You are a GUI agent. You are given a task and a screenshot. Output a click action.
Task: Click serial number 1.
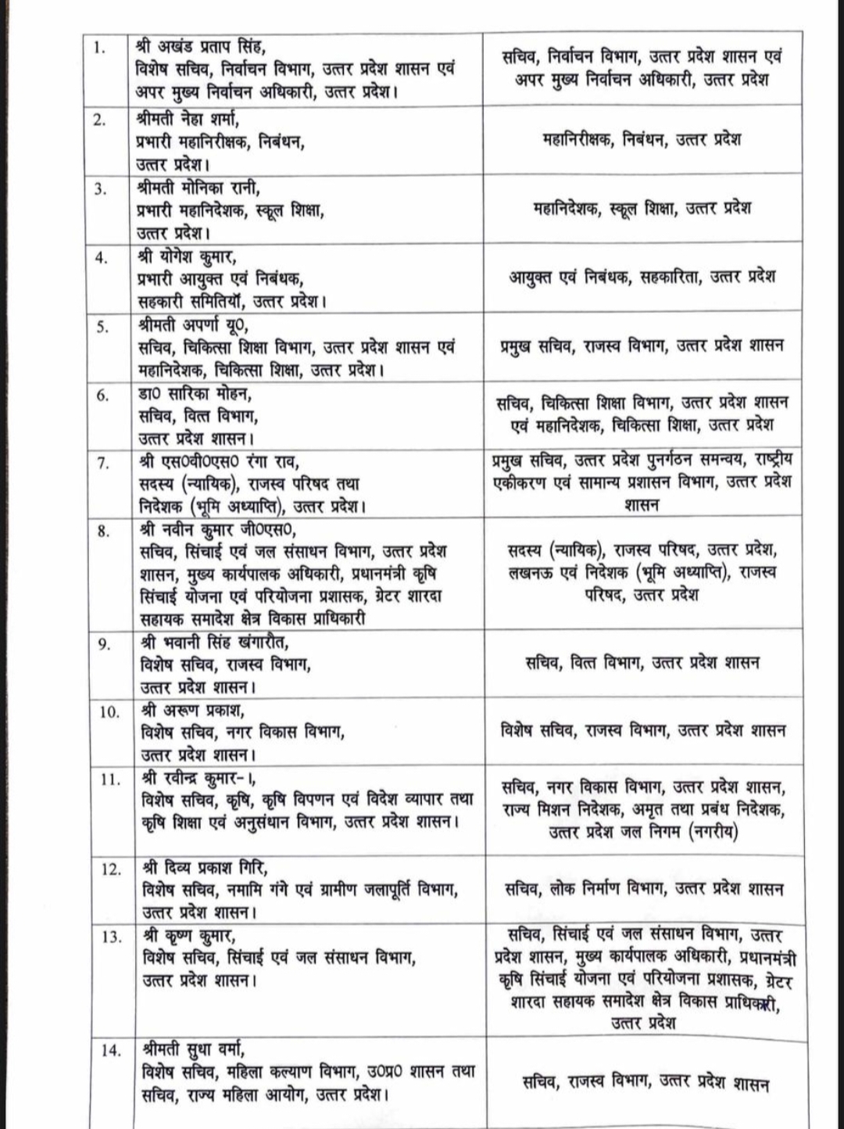(x=98, y=48)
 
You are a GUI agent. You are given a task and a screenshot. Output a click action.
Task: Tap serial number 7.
(x=102, y=464)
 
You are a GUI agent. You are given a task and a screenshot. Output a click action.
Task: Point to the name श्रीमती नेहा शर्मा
(x=188, y=120)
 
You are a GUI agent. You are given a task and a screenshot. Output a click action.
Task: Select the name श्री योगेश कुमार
(x=187, y=256)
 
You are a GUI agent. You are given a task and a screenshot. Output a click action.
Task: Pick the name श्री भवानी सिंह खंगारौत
(x=214, y=643)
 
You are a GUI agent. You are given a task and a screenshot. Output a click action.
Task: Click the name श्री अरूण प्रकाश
(x=193, y=711)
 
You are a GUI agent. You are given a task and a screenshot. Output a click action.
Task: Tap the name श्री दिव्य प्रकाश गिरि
(x=205, y=869)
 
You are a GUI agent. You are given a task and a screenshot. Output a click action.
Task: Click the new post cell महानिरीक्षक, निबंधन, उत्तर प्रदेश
(x=642, y=140)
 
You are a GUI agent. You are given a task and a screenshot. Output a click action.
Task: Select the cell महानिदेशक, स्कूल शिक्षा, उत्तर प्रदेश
(x=642, y=209)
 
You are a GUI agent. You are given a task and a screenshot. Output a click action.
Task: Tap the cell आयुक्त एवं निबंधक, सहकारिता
(x=642, y=277)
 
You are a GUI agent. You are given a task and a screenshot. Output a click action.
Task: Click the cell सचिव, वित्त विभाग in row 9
(x=642, y=663)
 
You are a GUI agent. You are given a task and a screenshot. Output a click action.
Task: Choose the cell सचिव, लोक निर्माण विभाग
(x=644, y=889)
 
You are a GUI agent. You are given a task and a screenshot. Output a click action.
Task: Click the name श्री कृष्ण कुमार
(x=188, y=936)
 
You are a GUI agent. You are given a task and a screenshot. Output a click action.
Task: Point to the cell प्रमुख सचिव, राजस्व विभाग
(x=642, y=346)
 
